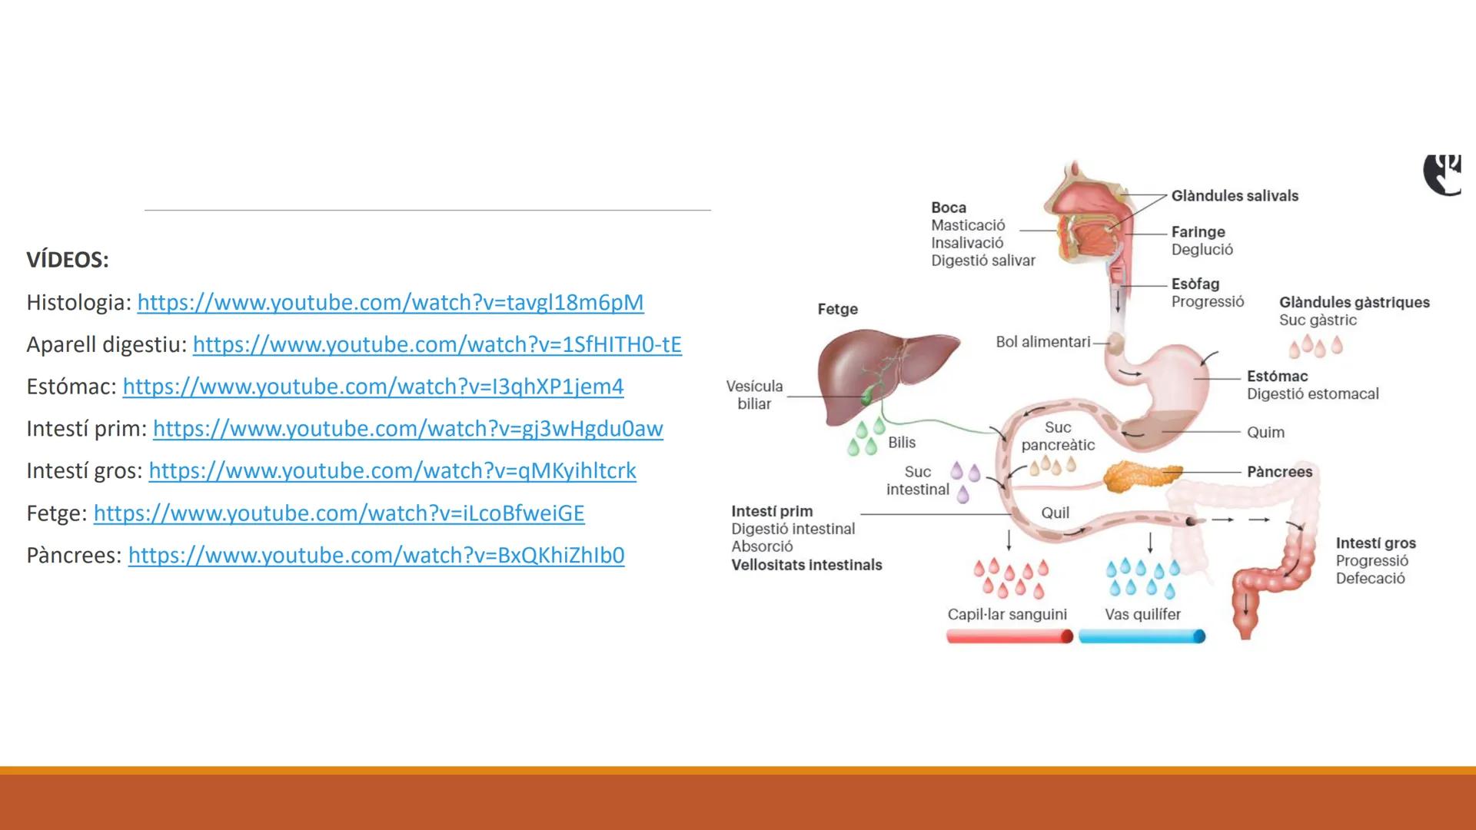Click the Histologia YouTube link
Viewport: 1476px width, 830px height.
(x=390, y=303)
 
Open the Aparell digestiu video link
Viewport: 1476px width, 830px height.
(x=437, y=345)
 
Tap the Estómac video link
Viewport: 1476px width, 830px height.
(x=373, y=387)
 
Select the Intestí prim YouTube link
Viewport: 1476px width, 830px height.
(x=407, y=429)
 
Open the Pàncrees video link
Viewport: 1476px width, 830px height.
(x=376, y=556)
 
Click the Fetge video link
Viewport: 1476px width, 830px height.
(x=338, y=513)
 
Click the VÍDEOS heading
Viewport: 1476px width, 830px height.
(x=68, y=261)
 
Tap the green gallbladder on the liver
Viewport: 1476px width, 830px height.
(x=867, y=396)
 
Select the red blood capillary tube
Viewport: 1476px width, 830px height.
(x=1009, y=636)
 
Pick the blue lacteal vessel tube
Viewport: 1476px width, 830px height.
(x=1142, y=636)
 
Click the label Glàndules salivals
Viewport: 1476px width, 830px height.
(x=1235, y=196)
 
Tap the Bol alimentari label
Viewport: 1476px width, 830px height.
(x=1042, y=342)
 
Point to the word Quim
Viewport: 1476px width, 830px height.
(x=1265, y=433)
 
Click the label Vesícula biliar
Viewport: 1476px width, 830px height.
(x=754, y=395)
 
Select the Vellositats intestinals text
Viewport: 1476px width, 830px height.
(x=806, y=566)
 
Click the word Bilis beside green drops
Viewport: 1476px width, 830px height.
(x=902, y=443)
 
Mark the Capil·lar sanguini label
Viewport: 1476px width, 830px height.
(x=1007, y=615)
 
